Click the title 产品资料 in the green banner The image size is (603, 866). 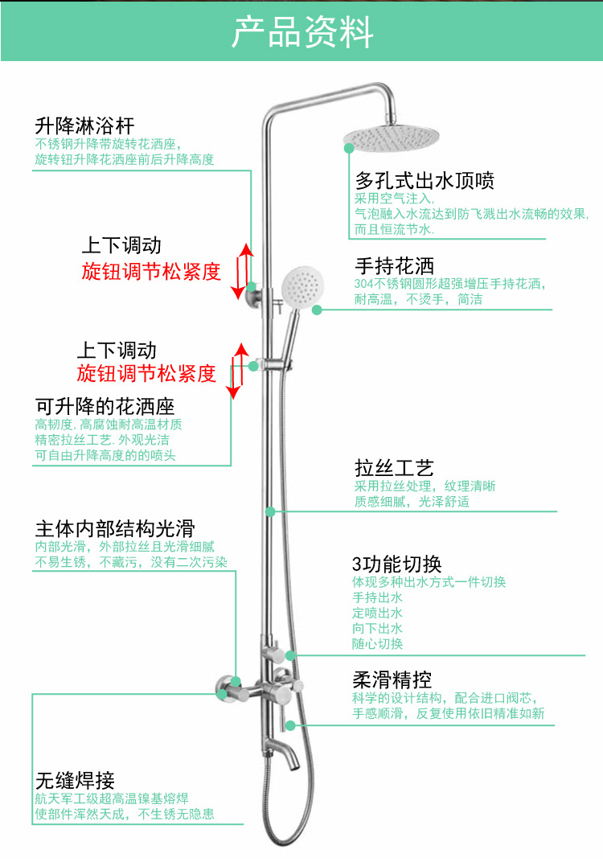click(302, 32)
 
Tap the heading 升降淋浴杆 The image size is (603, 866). click(84, 126)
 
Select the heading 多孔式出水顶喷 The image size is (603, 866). click(425, 180)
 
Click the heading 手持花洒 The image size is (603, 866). click(394, 266)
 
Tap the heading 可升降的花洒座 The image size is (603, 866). click(105, 406)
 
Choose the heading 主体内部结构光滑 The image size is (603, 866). click(115, 529)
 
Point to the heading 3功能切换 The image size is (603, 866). click(396, 564)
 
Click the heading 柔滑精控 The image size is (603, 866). click(392, 679)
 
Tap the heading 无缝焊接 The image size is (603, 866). click(75, 780)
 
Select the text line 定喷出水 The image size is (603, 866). click(377, 613)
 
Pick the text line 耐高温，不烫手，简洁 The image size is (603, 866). click(418, 300)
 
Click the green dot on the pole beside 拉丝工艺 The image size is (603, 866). click(271, 511)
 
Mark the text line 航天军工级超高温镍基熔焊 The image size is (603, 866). click(111, 798)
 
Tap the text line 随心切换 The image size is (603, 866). click(377, 644)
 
